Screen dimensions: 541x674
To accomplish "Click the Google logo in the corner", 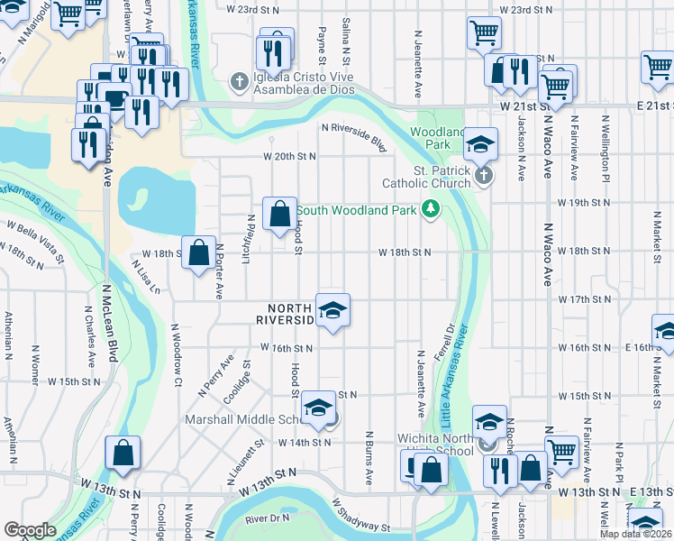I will (x=30, y=530).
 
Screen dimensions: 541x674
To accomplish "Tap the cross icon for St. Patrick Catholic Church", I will (x=484, y=175).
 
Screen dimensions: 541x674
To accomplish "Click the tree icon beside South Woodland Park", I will (x=432, y=210).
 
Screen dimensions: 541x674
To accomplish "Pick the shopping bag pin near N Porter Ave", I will (x=198, y=252).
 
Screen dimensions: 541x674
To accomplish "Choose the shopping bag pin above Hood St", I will (x=280, y=213).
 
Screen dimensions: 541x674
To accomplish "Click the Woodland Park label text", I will (x=431, y=137).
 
